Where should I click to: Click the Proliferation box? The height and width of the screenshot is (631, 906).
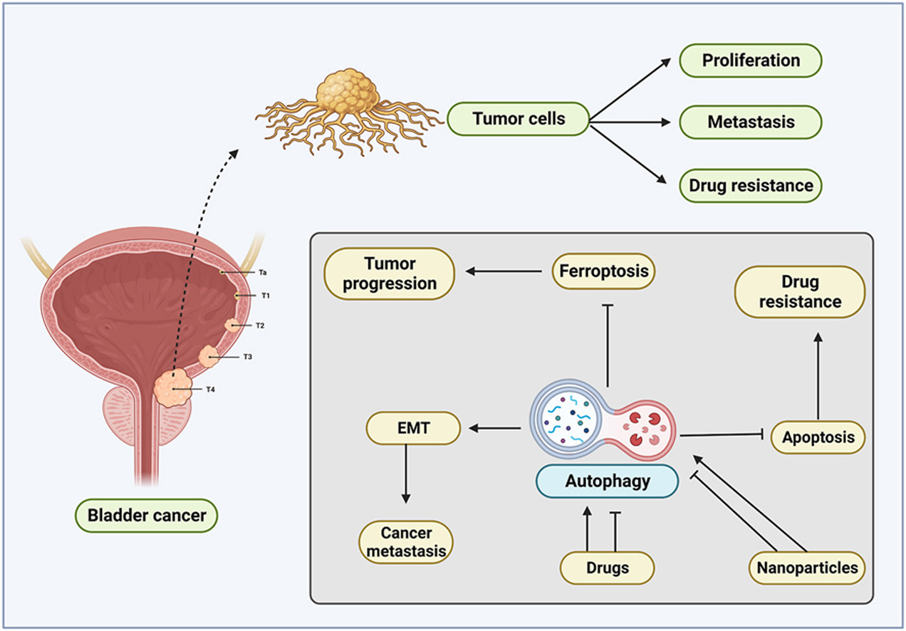[750, 61]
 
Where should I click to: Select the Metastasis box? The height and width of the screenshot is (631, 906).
[750, 122]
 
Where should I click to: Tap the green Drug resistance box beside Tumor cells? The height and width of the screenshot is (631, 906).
[750, 185]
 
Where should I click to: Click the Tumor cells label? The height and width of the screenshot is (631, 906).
[519, 119]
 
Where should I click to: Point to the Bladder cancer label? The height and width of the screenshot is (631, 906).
[146, 514]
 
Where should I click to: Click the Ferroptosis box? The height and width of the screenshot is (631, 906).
[603, 271]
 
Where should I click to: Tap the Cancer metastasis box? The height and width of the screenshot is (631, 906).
[407, 541]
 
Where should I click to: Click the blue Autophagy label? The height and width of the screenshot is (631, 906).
[607, 481]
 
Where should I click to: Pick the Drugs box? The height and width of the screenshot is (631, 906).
[607, 568]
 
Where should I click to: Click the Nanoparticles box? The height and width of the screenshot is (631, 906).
[807, 568]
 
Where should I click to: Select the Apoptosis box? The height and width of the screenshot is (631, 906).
[818, 437]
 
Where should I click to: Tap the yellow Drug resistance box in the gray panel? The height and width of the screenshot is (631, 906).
[799, 292]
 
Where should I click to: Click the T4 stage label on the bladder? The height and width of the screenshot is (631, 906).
[210, 390]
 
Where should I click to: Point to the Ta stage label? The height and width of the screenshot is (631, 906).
[262, 272]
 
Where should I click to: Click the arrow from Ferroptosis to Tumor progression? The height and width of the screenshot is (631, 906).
[504, 271]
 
